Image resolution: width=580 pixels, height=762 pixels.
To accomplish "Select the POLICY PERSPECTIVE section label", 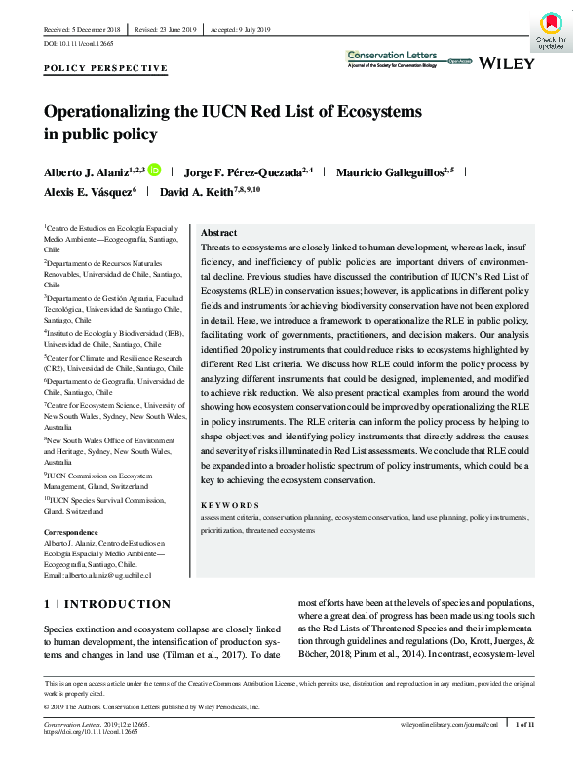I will pos(105,69).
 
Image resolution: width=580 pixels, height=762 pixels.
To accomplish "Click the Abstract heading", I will pos(218,234).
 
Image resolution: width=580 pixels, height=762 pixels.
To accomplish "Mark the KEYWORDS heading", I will pos(229,506).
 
